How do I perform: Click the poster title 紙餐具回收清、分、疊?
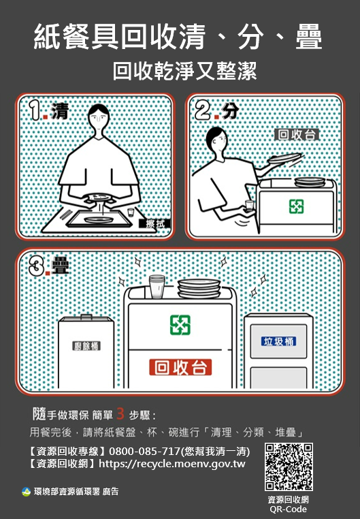tap(178, 38)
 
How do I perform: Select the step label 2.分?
tap(216, 110)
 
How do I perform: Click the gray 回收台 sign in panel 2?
tap(297, 135)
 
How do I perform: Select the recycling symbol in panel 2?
tap(296, 206)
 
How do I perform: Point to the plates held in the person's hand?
tap(285, 159)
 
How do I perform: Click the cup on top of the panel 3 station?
tap(157, 286)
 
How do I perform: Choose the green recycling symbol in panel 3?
tap(180, 326)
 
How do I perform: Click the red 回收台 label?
tap(180, 368)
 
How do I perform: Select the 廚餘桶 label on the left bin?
tap(86, 346)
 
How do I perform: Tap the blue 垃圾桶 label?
tap(279, 341)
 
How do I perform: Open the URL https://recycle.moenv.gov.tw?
tap(172, 464)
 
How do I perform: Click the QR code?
tap(289, 467)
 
